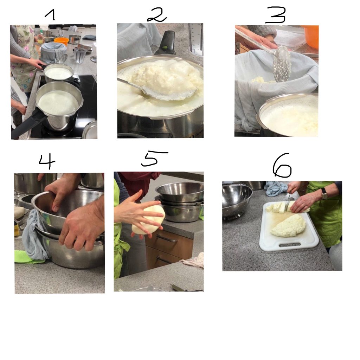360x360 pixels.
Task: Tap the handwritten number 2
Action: click(156, 15)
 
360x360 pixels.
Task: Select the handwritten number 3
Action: click(276, 15)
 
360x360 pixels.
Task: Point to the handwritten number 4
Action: click(47, 161)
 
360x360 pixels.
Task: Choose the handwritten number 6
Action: click(282, 165)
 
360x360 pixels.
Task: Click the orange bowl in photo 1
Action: click(61, 41)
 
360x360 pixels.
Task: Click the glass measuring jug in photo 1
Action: click(80, 55)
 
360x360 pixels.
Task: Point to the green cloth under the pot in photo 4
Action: click(27, 257)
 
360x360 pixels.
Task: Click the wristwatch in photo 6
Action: click(324, 194)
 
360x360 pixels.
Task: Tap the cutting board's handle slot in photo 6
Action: click(290, 245)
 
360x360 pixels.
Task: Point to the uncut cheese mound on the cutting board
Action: click(289, 225)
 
